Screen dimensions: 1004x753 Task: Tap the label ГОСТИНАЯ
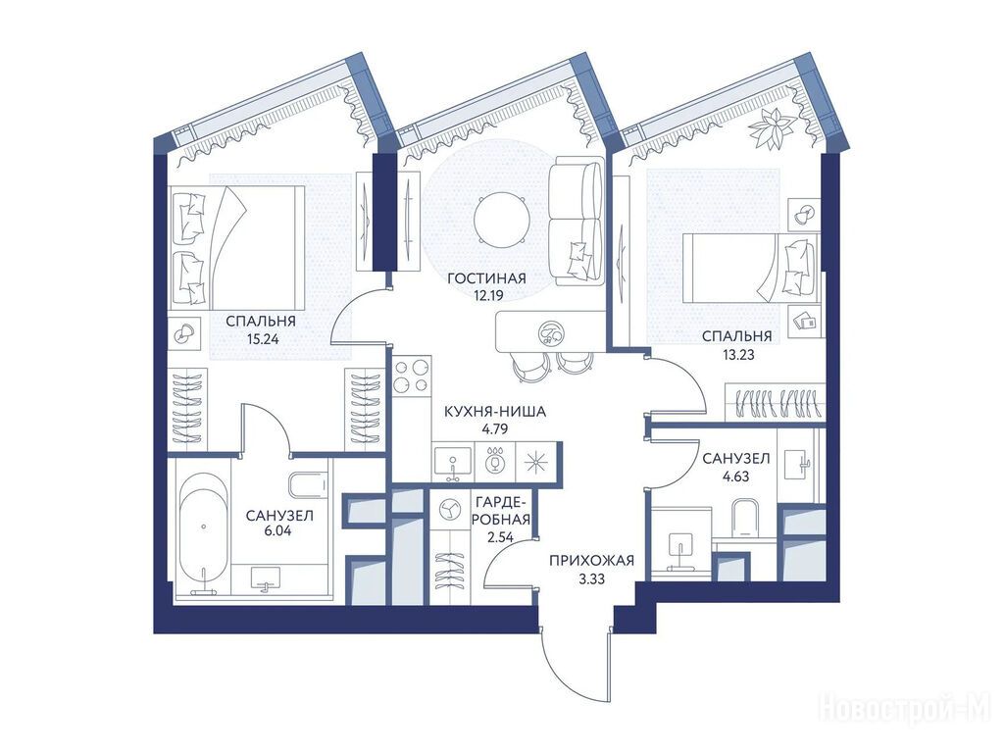(486, 278)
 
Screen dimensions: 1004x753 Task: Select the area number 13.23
(738, 354)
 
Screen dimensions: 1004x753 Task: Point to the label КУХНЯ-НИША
(495, 412)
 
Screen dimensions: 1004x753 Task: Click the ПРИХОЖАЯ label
(591, 562)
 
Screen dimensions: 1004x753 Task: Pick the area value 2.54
(501, 537)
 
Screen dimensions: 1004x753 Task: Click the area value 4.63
(735, 477)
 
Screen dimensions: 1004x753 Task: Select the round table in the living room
(502, 223)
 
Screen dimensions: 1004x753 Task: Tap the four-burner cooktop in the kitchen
(411, 376)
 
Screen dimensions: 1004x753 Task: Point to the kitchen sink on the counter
(453, 463)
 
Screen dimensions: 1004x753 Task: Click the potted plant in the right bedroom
(773, 130)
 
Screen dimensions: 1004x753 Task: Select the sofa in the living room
(577, 221)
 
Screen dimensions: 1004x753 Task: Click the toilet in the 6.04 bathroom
(310, 485)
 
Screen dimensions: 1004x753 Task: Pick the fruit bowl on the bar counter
(550, 331)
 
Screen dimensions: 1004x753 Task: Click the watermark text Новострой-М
(905, 709)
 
